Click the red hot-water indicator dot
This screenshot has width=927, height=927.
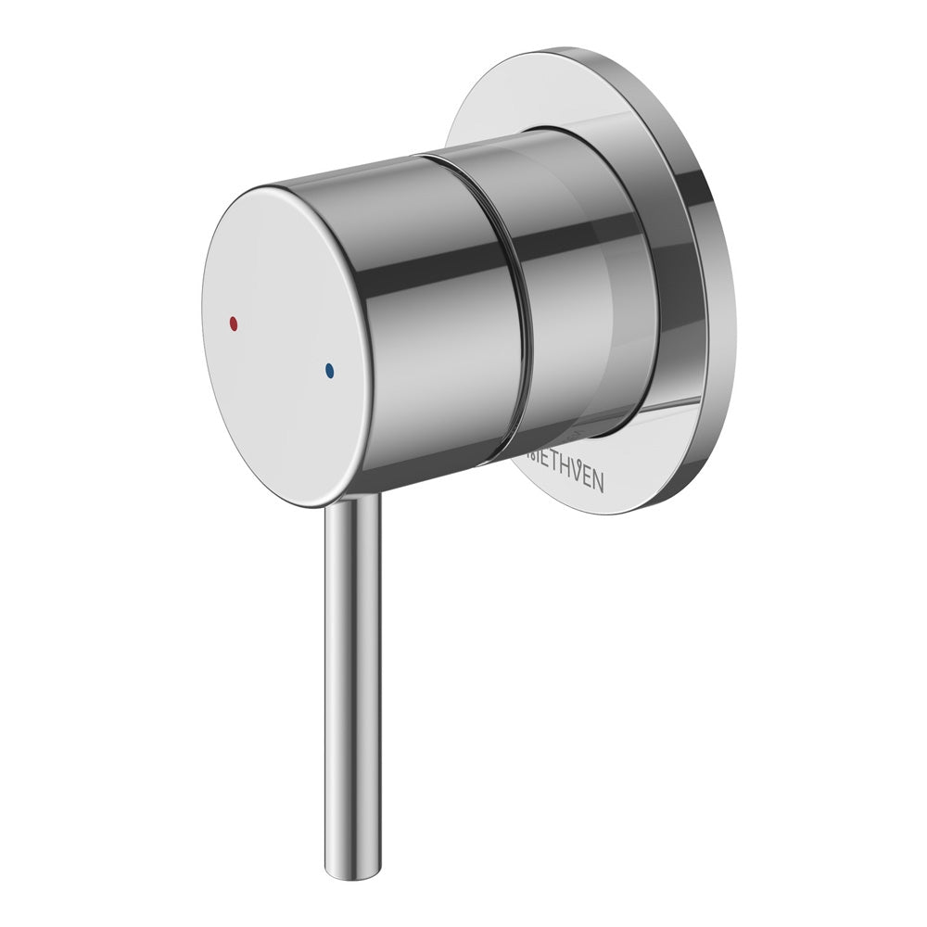tap(233, 324)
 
